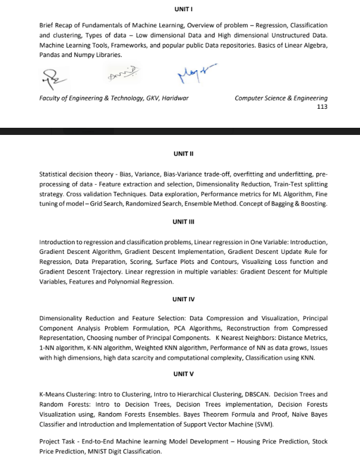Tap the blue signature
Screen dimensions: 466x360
[x=194, y=74]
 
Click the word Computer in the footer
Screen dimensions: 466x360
[x=249, y=98]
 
